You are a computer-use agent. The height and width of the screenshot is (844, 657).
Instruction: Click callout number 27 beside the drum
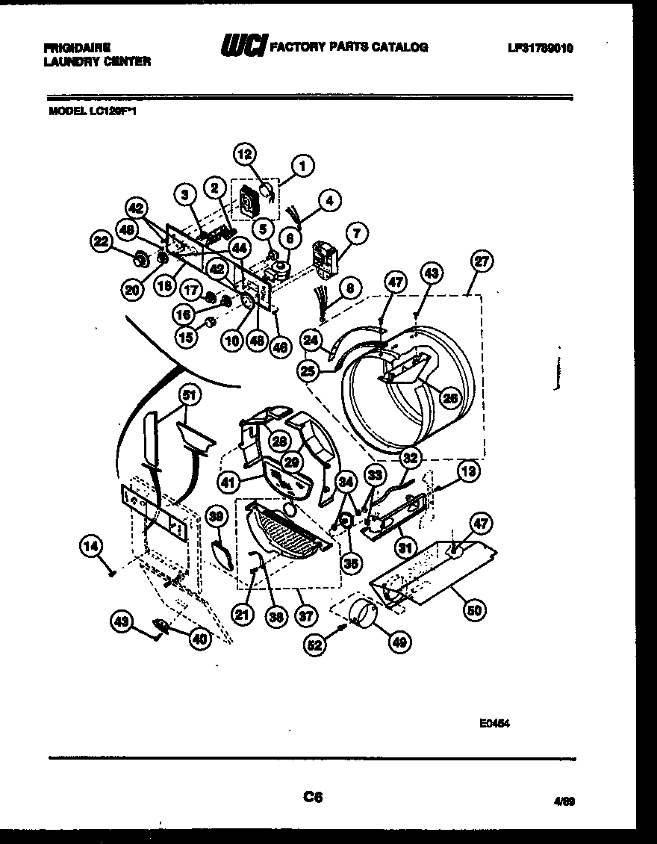click(482, 261)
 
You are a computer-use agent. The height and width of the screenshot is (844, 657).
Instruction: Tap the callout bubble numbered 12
click(244, 155)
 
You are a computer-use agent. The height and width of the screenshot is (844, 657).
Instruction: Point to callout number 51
click(190, 395)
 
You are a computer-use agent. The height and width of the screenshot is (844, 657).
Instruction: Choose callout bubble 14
click(90, 548)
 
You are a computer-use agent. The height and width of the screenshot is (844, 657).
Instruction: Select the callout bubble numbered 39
click(217, 515)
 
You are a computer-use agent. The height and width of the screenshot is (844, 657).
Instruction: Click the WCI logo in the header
click(243, 46)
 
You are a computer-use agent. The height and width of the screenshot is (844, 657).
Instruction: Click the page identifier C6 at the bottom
click(313, 798)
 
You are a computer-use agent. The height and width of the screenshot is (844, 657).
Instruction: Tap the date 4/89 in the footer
click(564, 801)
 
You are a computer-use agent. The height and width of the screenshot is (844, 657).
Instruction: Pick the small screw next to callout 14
click(111, 573)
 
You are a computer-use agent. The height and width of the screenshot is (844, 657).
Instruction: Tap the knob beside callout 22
click(139, 261)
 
